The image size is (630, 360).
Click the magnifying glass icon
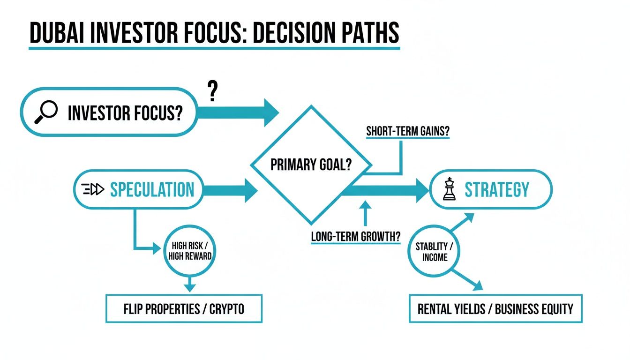click(x=46, y=112)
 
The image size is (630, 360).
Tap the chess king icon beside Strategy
click(x=450, y=189)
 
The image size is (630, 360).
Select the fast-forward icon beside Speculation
click(x=92, y=189)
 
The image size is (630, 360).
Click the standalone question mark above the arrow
click(x=213, y=91)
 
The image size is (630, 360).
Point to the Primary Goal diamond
click(x=311, y=165)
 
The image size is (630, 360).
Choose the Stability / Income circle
click(x=434, y=252)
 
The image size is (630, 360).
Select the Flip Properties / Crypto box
click(x=184, y=309)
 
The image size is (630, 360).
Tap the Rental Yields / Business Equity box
click(x=495, y=309)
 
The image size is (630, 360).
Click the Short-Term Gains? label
click(x=407, y=131)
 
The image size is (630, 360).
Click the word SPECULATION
click(x=151, y=189)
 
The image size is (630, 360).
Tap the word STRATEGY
click(x=496, y=189)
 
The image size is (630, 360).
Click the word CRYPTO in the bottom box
click(x=226, y=309)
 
